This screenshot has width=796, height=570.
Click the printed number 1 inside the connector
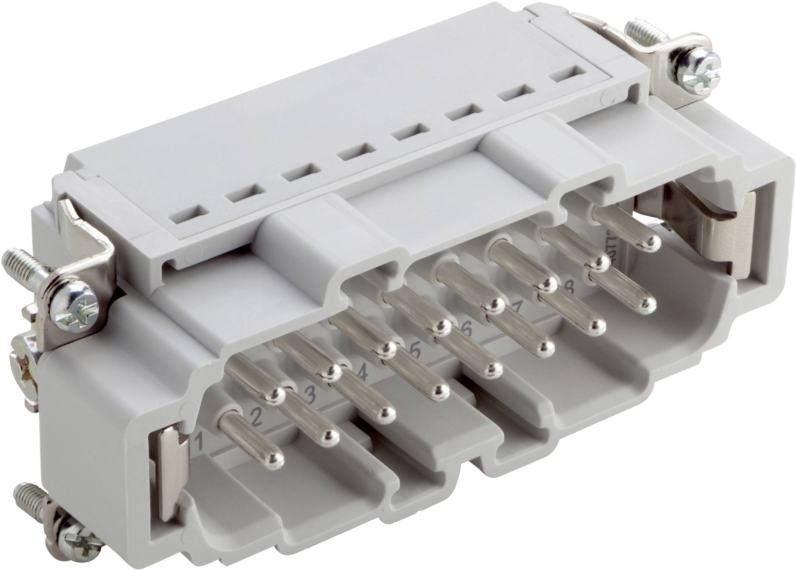coord(200,442)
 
